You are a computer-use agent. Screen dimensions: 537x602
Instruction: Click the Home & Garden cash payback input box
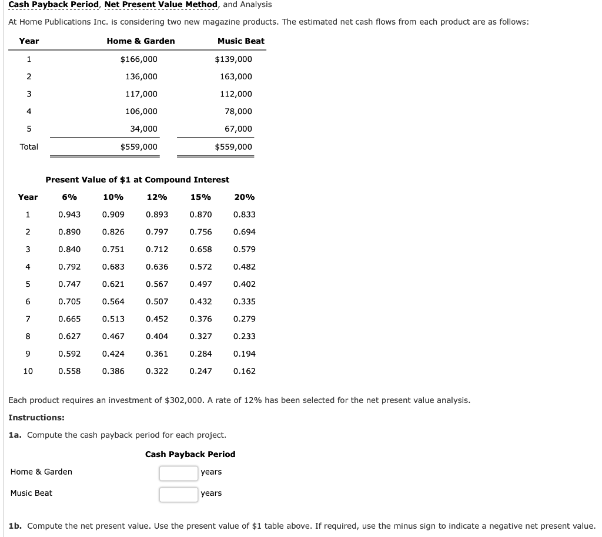click(x=178, y=473)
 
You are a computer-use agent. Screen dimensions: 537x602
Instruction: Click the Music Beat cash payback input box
click(x=178, y=494)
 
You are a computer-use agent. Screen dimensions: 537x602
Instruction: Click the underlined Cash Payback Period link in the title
click(x=53, y=5)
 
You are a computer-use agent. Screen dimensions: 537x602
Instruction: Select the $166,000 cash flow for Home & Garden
click(x=139, y=59)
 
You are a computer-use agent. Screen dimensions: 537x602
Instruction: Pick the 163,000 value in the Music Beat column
click(x=236, y=76)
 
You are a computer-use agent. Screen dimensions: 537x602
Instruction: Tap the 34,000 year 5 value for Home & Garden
click(x=143, y=129)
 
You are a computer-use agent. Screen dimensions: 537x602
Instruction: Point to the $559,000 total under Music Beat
click(x=233, y=147)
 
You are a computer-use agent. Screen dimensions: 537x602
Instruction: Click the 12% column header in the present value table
click(x=157, y=197)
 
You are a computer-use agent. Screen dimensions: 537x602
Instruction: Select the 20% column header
click(x=244, y=197)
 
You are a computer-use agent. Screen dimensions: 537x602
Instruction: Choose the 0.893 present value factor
click(x=157, y=214)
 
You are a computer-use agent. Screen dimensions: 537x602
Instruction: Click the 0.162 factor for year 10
click(x=244, y=371)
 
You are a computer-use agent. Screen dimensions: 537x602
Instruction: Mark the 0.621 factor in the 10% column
click(x=113, y=284)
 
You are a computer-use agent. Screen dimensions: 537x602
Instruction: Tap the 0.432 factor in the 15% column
click(x=200, y=301)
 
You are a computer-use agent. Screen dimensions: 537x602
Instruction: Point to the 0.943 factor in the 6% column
click(x=69, y=214)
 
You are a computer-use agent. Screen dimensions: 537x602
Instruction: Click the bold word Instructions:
click(x=36, y=417)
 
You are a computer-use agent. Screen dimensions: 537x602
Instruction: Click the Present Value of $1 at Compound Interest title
click(x=138, y=180)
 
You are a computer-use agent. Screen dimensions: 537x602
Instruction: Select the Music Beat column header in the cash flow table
click(x=240, y=41)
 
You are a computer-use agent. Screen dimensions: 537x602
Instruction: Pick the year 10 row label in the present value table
click(x=28, y=371)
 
